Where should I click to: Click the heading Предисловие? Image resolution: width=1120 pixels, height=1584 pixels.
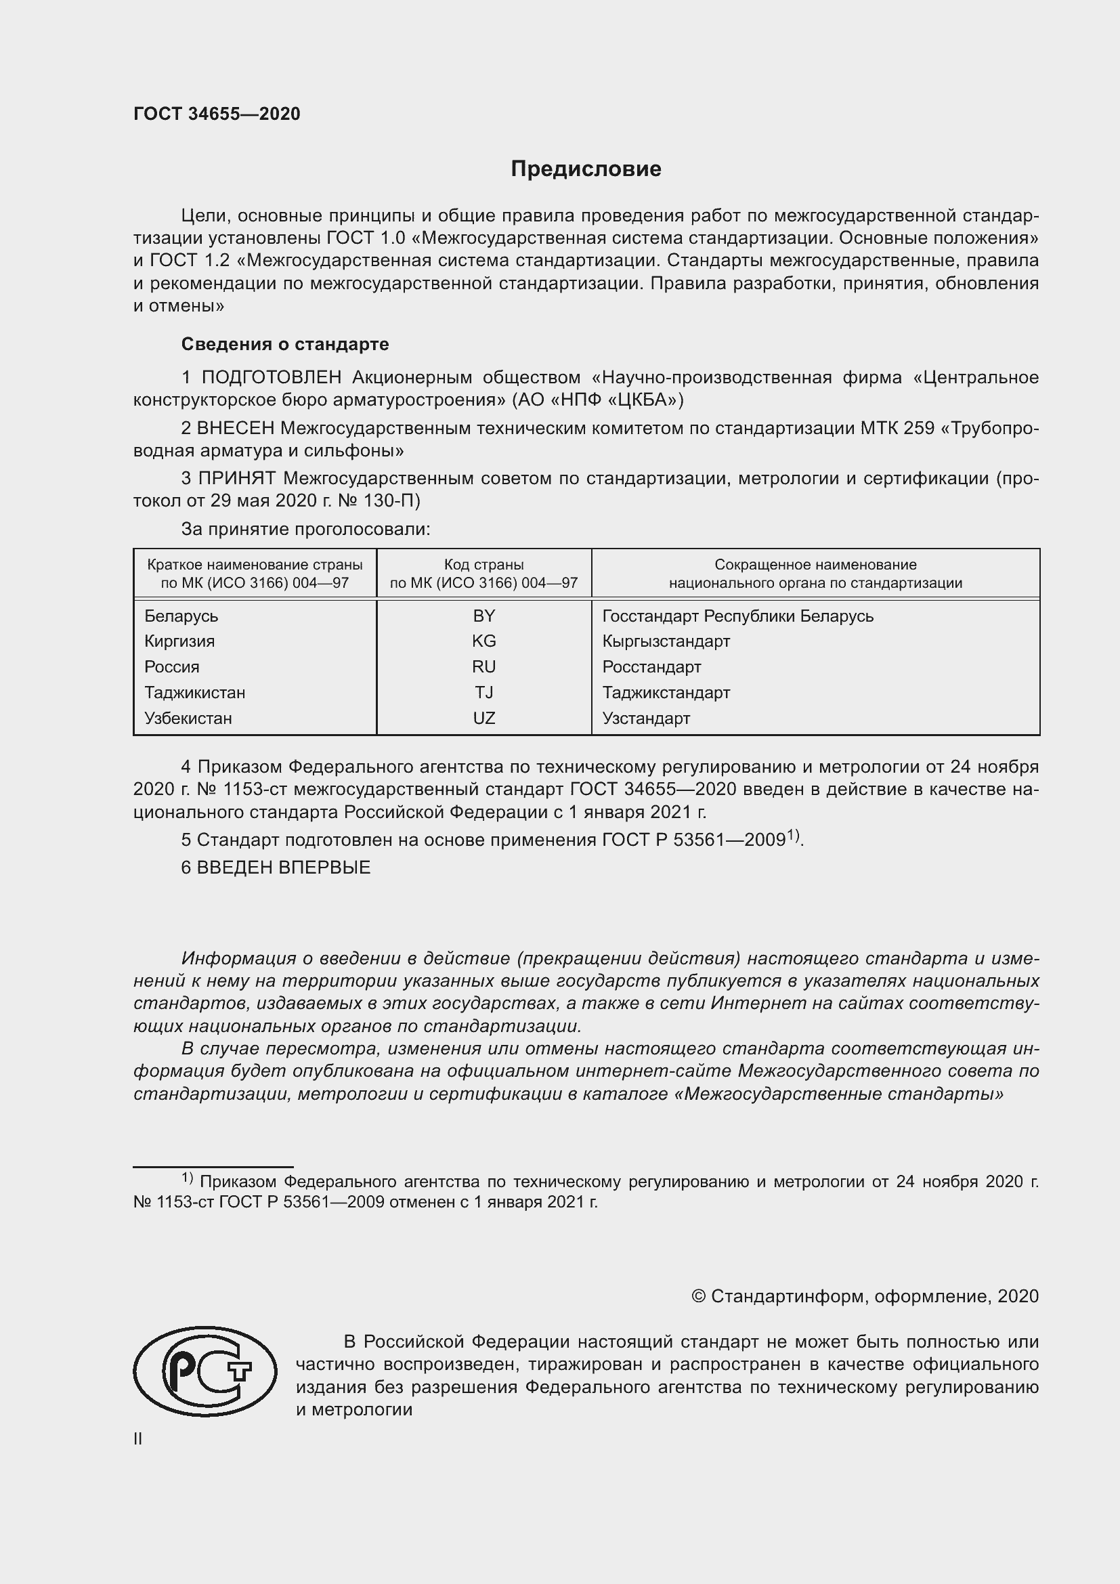(586, 169)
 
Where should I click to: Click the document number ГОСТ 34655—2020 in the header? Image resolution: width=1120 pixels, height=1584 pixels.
(217, 114)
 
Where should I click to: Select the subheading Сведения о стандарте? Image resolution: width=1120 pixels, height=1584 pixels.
(285, 343)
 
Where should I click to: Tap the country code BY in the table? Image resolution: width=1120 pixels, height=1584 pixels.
(483, 616)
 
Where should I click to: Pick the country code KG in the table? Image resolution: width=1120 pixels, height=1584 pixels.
(483, 641)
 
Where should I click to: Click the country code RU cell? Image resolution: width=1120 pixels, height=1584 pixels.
(483, 666)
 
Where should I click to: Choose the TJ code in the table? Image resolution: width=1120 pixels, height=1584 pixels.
(483, 692)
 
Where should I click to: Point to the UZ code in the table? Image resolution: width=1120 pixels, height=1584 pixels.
(483, 717)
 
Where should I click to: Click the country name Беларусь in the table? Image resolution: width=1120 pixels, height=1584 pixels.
(181, 616)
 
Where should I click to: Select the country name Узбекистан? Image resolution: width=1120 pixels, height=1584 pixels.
(188, 717)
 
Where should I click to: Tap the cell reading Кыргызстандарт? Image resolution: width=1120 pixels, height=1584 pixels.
(666, 641)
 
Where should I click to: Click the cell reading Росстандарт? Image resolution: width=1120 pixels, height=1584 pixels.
(651, 666)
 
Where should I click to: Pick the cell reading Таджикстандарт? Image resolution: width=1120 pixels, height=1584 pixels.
(666, 692)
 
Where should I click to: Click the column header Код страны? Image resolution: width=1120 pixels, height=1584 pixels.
(483, 564)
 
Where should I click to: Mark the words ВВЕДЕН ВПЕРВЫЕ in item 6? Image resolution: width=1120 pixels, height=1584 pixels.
(284, 868)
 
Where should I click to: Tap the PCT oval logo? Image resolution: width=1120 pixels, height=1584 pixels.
(204, 1371)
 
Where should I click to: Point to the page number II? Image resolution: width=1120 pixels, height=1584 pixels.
(137, 1438)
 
